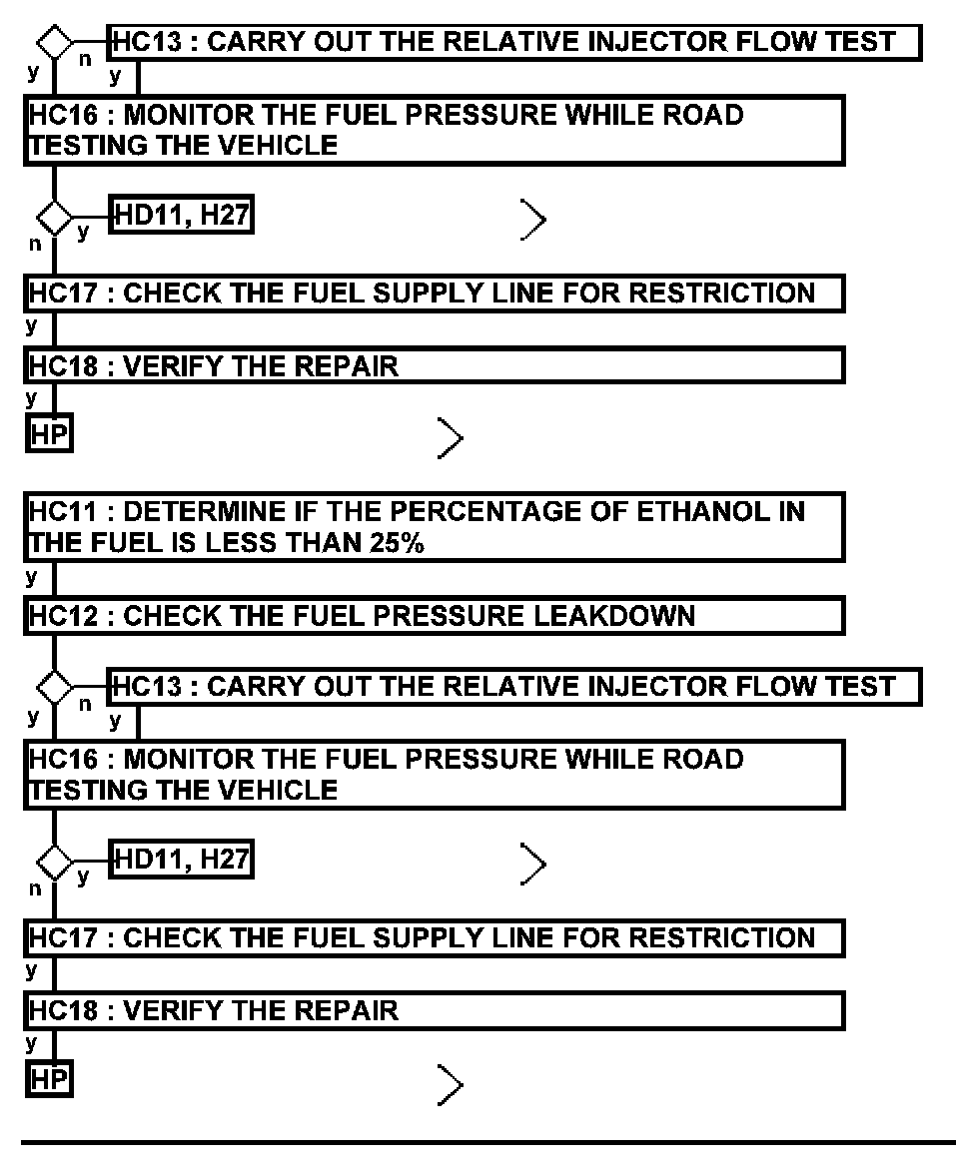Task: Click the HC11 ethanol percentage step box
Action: pyautogui.click(x=435, y=527)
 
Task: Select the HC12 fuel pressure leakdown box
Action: pyautogui.click(x=435, y=615)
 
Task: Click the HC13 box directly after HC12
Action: pyautogui.click(x=514, y=687)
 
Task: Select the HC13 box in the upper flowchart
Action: pyautogui.click(x=514, y=43)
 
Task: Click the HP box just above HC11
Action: pyautogui.click(x=49, y=435)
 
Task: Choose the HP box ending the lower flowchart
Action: pyautogui.click(x=49, y=1079)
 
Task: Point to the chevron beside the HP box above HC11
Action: pyautogui.click(x=451, y=437)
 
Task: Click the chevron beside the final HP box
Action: pyautogui.click(x=451, y=1082)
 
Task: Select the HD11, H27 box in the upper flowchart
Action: pyautogui.click(x=181, y=215)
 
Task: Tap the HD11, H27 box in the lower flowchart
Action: pyautogui.click(x=181, y=860)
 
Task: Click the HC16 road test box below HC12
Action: pyautogui.click(x=435, y=774)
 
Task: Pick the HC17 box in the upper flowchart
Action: pyautogui.click(x=435, y=294)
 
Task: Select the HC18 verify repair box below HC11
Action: pyautogui.click(x=435, y=1010)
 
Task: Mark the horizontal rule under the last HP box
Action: pyautogui.click(x=489, y=1141)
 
